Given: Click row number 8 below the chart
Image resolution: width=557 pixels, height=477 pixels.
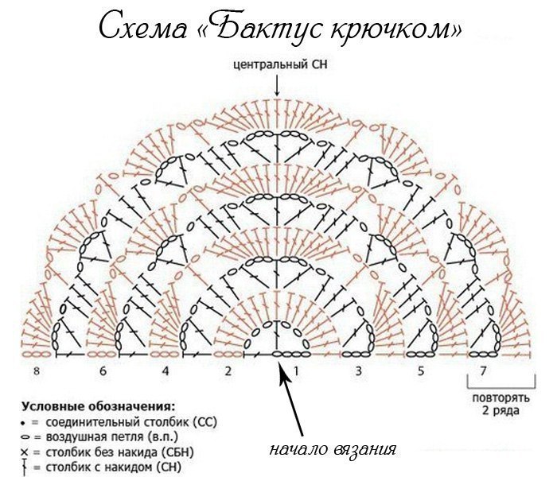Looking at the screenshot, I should pos(37,371).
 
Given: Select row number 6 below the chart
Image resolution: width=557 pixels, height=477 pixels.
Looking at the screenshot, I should pos(103,371).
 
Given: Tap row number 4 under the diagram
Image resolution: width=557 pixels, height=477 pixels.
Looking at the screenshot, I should pos(166,371).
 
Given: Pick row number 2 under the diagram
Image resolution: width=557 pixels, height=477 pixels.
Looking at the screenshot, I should pos(228,371).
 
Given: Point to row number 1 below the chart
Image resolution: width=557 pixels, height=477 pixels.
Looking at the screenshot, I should pos(297,371).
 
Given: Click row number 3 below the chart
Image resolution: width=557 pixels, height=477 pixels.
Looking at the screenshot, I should pos(359,371).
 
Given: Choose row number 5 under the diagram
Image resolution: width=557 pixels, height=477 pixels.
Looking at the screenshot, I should pos(421,371).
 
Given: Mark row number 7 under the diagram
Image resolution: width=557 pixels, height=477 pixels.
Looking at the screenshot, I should pos(484,371).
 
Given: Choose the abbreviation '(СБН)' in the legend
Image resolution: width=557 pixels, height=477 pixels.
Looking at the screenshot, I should pos(178,452).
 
